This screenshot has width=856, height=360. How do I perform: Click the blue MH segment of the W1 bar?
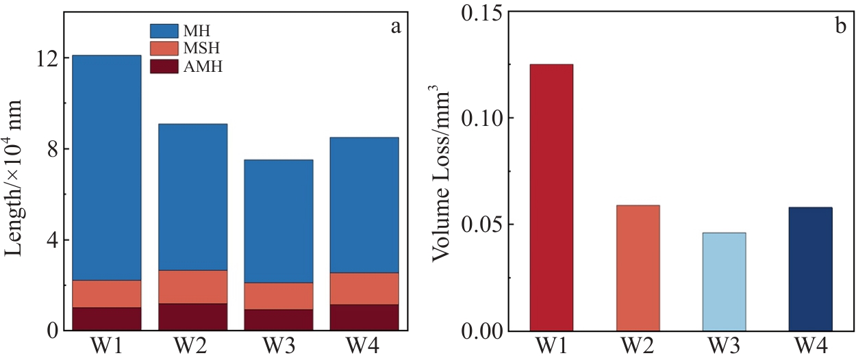coord(105,168)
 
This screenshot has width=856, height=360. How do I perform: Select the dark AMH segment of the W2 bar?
coord(192,317)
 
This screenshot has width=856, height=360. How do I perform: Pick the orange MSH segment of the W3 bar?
coord(278,296)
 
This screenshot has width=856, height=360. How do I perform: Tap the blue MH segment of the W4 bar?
coord(364,205)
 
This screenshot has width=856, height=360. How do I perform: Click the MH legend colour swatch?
coord(163,31)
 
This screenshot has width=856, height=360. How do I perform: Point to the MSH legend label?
coord(201,49)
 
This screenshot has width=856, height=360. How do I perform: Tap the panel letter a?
coord(395,27)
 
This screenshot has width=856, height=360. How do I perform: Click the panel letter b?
coord(840,27)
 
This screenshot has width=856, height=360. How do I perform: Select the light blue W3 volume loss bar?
coord(724,281)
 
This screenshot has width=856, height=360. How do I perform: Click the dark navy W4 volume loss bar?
coord(811,268)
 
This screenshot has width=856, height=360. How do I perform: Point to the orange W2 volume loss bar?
coord(638,268)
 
